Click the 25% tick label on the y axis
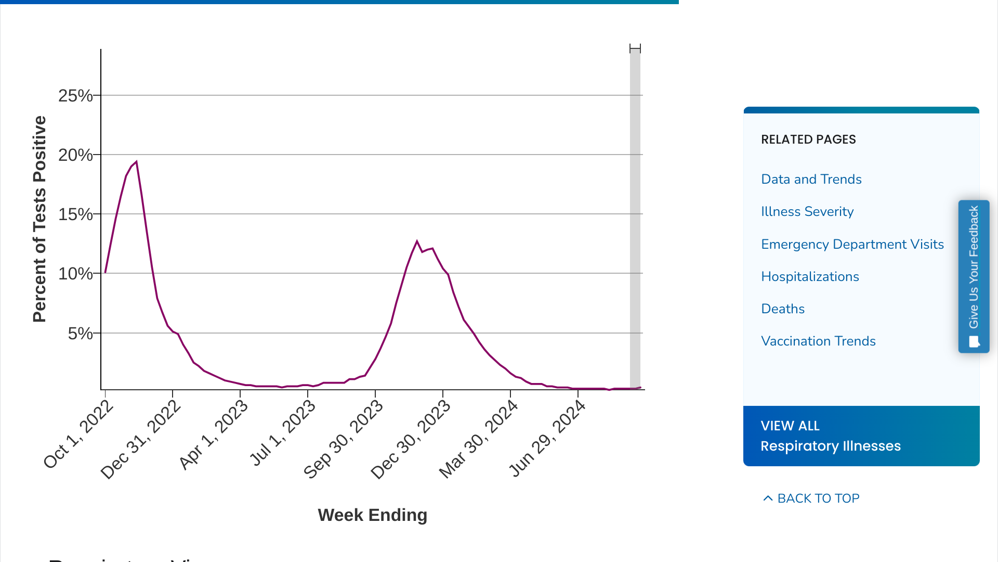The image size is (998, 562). click(x=75, y=96)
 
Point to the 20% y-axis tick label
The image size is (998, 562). click(x=75, y=155)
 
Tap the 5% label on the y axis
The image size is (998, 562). click(x=80, y=334)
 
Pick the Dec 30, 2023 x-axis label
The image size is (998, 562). click(x=411, y=440)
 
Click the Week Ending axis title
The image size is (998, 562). click(x=372, y=515)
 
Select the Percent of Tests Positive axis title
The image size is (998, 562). click(x=40, y=219)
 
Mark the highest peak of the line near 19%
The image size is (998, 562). click(x=136, y=162)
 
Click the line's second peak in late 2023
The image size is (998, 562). click(x=417, y=241)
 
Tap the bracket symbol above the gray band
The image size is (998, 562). click(x=635, y=48)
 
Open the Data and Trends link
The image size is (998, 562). click(x=811, y=179)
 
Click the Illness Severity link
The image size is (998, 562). click(x=807, y=211)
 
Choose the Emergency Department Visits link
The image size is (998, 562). click(x=852, y=244)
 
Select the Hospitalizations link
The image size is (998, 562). click(x=810, y=276)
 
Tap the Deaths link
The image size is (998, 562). click(x=782, y=309)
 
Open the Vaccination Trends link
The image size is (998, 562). click(x=818, y=341)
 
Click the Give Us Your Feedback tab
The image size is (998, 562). click(x=974, y=276)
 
